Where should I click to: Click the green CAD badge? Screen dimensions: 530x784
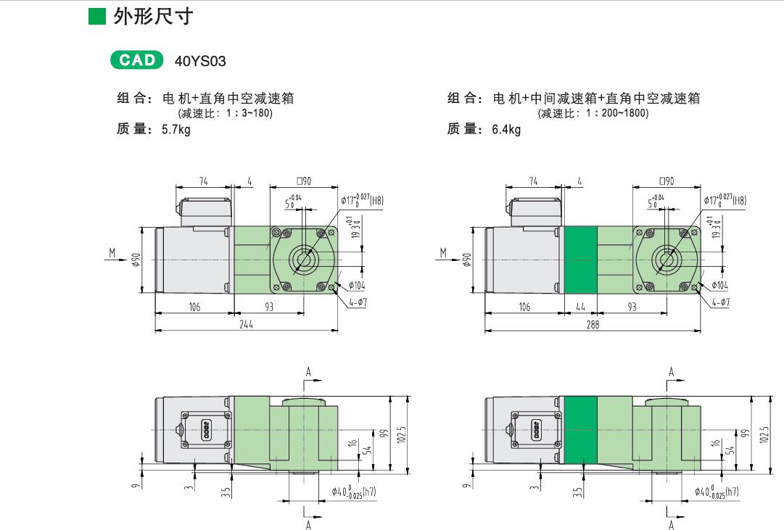(137, 60)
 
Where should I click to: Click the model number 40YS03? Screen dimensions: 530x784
(200, 61)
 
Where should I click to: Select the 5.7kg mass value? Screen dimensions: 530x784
(176, 130)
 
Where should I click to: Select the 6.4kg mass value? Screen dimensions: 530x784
(506, 130)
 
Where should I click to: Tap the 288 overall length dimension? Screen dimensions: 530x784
(593, 326)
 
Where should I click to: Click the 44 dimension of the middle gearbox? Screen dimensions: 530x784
(580, 307)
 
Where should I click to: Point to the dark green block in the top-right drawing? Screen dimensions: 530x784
(579, 260)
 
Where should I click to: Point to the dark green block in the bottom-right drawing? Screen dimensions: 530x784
(579, 431)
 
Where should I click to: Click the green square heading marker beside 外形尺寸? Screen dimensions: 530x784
(98, 17)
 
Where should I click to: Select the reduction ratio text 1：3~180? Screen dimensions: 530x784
(247, 113)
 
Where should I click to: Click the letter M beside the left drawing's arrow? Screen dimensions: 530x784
(112, 252)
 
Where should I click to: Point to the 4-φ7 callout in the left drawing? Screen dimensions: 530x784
(358, 302)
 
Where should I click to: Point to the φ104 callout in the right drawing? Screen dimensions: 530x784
(719, 286)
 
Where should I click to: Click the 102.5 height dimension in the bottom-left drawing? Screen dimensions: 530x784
(403, 435)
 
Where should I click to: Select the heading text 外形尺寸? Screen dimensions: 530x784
(153, 16)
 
